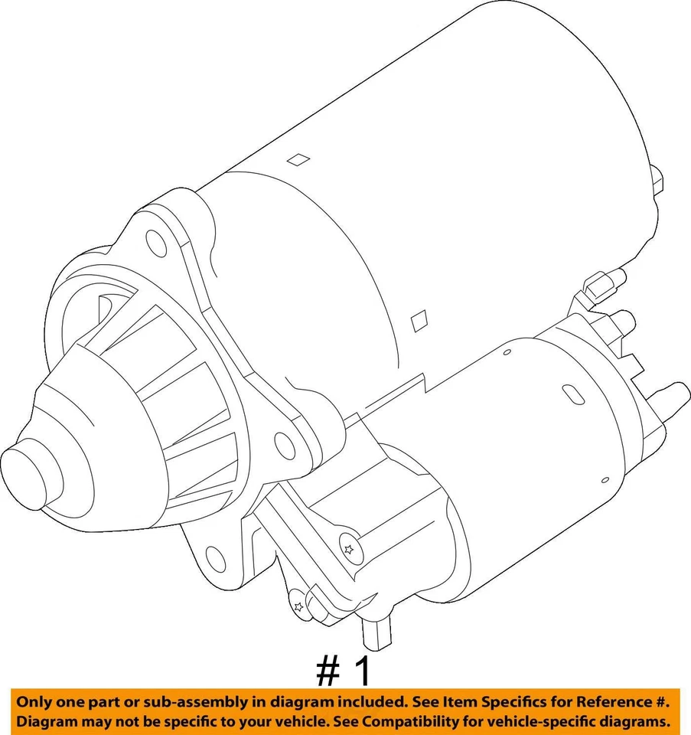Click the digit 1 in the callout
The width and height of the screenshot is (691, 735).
coord(362,671)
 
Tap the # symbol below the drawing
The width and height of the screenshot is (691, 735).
coord(328,671)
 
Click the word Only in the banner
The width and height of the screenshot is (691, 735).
coord(35,702)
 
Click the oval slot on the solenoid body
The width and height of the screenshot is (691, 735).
coord(573,395)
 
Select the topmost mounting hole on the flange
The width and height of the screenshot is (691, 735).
coord(156,244)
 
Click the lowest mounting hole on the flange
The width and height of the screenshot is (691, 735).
coord(217,560)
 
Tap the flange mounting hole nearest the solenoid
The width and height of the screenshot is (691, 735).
coord(285,446)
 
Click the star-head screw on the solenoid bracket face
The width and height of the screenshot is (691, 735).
coord(349,549)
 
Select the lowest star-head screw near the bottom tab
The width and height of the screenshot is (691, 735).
coord(298,607)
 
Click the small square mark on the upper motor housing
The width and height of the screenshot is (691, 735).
coord(298,159)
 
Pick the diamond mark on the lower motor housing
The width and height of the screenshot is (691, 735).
coord(419,320)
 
